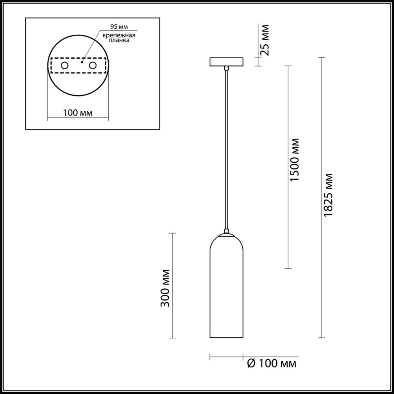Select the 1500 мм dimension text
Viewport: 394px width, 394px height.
294,160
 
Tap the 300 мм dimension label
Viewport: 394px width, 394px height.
166,288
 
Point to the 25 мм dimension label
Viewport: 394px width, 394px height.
265,39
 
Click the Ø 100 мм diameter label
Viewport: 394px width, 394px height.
271,362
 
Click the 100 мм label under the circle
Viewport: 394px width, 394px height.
78,113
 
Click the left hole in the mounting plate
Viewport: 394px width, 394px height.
64,65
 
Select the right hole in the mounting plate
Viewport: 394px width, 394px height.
93,65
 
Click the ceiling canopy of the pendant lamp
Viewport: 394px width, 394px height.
226,62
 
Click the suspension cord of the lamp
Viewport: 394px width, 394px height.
226,150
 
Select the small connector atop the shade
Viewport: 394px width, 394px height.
226,231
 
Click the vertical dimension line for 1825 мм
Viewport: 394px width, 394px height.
322,256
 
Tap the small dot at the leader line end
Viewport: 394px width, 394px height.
82,62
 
